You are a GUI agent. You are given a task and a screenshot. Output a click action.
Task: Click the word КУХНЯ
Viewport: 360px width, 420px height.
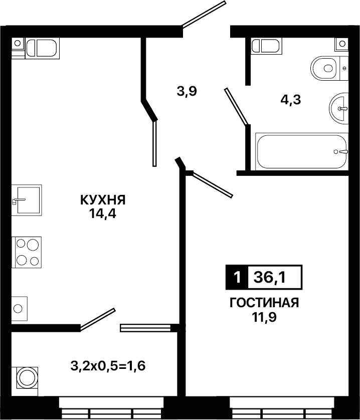pyautogui.click(x=103, y=200)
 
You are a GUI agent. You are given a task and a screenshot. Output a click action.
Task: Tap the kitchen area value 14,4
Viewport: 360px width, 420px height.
pyautogui.click(x=103, y=214)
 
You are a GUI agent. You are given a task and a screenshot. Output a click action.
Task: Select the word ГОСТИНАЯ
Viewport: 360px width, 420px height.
pyautogui.click(x=264, y=303)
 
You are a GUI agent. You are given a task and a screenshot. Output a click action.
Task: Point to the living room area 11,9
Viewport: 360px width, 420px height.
pyautogui.click(x=264, y=317)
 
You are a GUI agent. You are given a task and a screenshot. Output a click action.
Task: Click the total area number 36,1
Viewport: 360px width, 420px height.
pyautogui.click(x=270, y=277)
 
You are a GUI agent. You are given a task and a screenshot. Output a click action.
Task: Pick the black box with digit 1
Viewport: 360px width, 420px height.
pyautogui.click(x=237, y=277)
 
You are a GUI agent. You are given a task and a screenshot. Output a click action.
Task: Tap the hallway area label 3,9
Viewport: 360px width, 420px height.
pyautogui.click(x=187, y=91)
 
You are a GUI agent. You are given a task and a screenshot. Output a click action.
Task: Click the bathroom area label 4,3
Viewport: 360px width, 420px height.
pyautogui.click(x=291, y=100)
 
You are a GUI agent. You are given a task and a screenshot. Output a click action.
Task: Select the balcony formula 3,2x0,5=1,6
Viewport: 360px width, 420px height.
pyautogui.click(x=108, y=366)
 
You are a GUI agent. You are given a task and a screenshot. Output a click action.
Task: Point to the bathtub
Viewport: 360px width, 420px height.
pyautogui.click(x=302, y=151)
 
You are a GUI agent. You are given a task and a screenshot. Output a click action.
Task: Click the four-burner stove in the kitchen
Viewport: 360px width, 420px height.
pyautogui.click(x=27, y=252)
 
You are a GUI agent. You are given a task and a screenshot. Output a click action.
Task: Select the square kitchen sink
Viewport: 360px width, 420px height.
pyautogui.click(x=27, y=200)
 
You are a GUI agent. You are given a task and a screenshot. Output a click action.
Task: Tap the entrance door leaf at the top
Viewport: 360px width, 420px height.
pyautogui.click(x=203, y=15)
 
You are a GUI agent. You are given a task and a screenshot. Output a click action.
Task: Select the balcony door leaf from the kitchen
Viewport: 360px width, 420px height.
pyautogui.click(x=98, y=320)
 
